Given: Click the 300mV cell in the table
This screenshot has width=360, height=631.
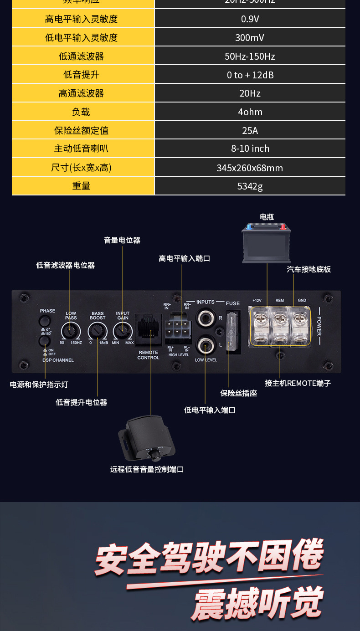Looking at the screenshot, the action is (x=250, y=37).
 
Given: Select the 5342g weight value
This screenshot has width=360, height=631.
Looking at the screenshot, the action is (x=250, y=186).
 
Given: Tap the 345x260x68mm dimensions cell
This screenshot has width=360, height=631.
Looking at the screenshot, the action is (x=250, y=168).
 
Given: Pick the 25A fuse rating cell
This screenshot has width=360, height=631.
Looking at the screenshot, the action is (x=250, y=130).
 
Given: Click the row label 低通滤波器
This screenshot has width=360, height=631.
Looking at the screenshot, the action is (x=81, y=56).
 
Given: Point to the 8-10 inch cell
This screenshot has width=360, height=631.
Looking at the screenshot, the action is (x=250, y=149).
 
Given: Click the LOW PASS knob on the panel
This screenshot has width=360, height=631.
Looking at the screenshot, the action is (x=70, y=329).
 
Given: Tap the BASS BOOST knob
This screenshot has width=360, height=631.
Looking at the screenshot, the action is (x=96, y=329).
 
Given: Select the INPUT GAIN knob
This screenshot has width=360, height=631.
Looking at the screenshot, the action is (x=122, y=329).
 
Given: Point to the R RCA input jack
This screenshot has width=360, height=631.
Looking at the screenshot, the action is (x=205, y=317).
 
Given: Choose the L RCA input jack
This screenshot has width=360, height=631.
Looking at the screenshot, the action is (x=205, y=345).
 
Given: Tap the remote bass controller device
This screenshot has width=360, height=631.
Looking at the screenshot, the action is (x=147, y=439).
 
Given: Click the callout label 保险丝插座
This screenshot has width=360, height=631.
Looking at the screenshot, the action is (x=239, y=393).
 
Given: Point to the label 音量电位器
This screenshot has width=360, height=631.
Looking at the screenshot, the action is (x=122, y=240).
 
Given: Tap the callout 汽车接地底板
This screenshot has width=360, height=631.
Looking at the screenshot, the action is (x=309, y=269).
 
